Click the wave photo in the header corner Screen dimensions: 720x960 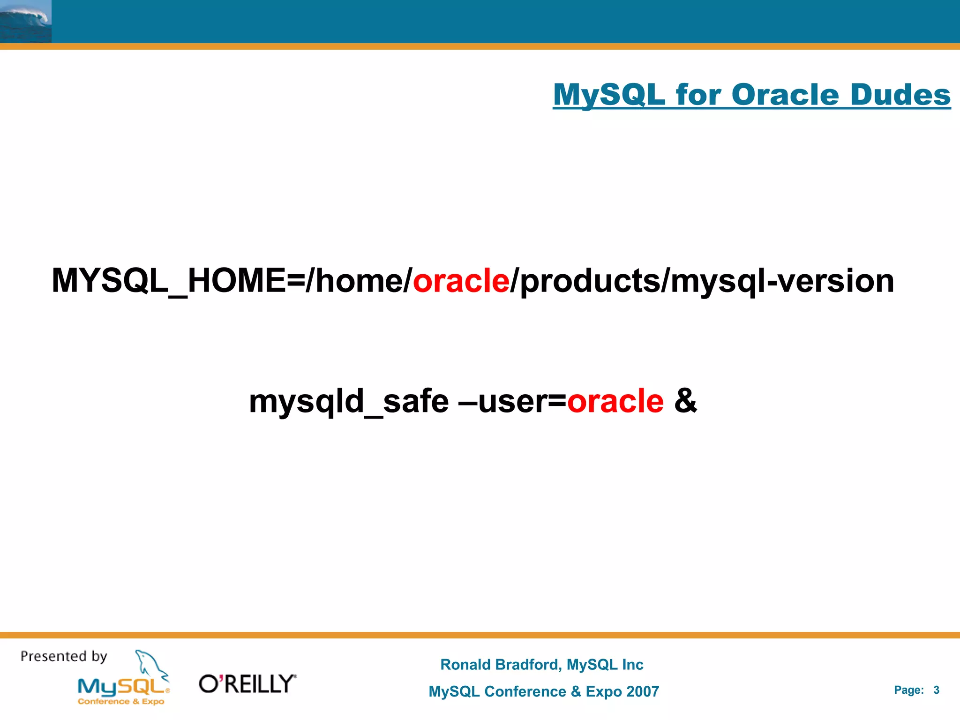click(25, 21)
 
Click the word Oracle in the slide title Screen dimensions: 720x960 click(785, 95)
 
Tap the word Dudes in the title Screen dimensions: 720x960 click(900, 95)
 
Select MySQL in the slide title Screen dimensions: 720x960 click(609, 95)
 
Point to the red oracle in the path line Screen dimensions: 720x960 click(461, 280)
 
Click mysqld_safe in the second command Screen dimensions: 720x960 click(349, 402)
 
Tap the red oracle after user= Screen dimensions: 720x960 click(615, 402)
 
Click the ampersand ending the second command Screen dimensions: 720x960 click(685, 401)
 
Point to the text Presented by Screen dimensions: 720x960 click(64, 656)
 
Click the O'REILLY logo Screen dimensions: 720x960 click(247, 684)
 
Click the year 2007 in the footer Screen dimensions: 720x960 click(642, 691)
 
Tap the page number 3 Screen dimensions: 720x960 click(936, 690)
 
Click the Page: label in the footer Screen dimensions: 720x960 click(908, 690)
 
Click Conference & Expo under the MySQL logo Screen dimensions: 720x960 click(121, 702)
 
